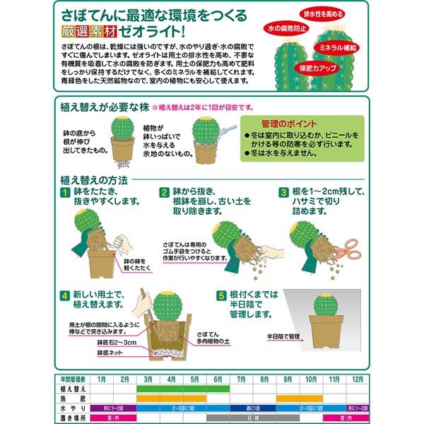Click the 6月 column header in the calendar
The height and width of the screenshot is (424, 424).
tap(216, 378)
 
